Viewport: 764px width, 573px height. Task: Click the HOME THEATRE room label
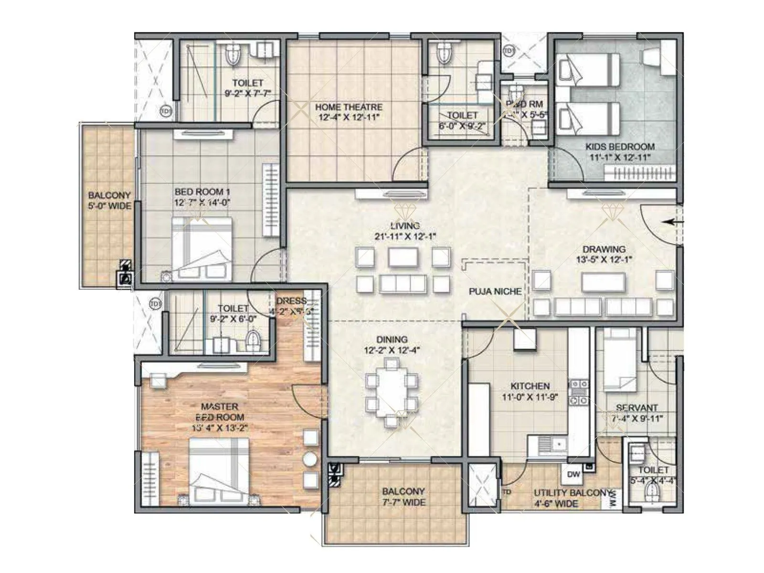tap(348, 107)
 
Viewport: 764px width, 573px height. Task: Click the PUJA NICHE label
tap(495, 291)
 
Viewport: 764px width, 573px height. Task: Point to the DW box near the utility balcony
tap(573, 474)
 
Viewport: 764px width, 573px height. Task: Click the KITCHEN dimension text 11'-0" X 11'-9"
tap(530, 397)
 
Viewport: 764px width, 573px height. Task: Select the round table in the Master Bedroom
tap(310, 459)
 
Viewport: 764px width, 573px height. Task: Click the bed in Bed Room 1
tap(202, 248)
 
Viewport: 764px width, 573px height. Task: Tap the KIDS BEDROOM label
tap(620, 147)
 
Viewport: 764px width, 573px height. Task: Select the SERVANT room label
tap(637, 408)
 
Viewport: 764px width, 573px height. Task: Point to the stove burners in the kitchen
tap(578, 392)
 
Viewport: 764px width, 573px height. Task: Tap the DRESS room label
tap(291, 301)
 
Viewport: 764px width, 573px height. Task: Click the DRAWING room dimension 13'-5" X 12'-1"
tap(604, 260)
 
